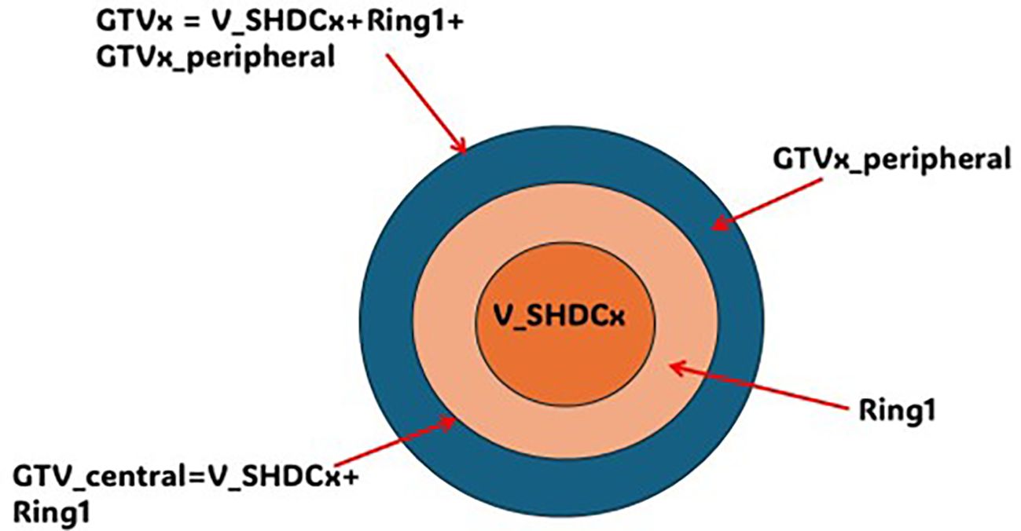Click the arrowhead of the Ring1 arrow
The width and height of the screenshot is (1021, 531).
click(678, 368)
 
